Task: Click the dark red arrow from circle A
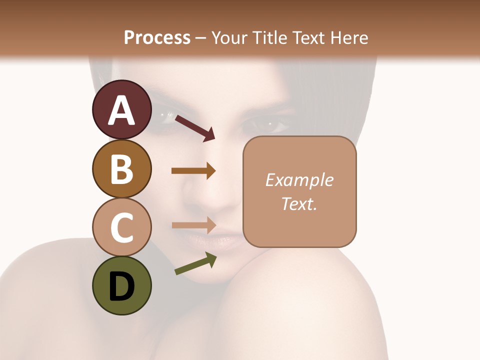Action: coord(195,127)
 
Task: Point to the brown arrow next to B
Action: coord(193,171)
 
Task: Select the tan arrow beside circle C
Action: coord(193,225)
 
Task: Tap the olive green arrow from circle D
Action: coord(195,264)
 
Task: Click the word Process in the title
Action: coord(157,37)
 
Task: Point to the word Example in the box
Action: coord(299,180)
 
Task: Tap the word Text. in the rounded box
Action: coord(299,203)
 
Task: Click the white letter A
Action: coord(121,110)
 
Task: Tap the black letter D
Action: coord(121,286)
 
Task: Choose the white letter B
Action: coord(121,169)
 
